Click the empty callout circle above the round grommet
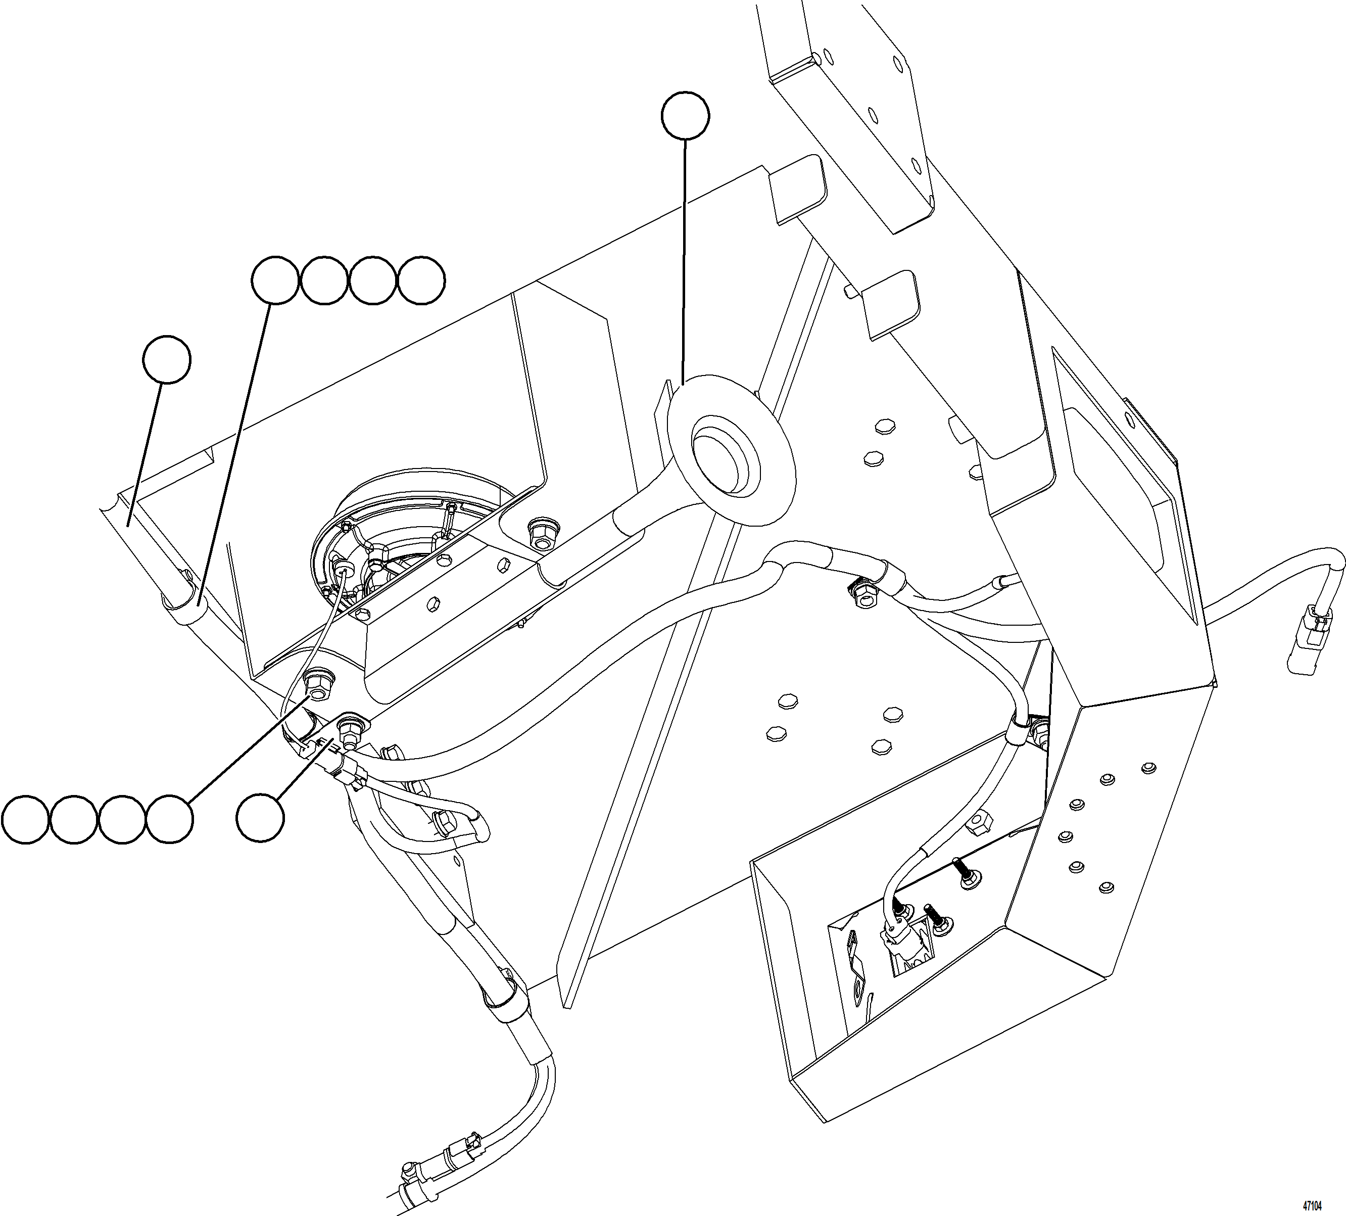[685, 116]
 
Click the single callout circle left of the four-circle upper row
[167, 360]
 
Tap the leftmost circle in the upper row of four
[274, 280]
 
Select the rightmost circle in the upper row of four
[421, 280]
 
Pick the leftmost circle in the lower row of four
[25, 819]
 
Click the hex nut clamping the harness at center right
[866, 595]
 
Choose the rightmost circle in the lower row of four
[170, 819]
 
